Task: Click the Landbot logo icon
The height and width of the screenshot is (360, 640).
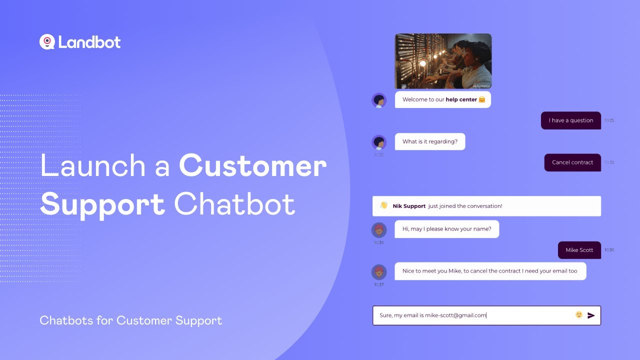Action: click(x=46, y=42)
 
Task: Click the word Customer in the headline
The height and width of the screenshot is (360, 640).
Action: click(x=252, y=166)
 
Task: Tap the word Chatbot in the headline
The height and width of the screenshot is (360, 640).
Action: click(x=234, y=204)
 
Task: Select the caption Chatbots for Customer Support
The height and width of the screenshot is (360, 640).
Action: click(x=130, y=320)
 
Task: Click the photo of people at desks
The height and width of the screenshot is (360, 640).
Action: click(x=443, y=61)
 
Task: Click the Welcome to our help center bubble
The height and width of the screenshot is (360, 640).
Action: click(x=442, y=99)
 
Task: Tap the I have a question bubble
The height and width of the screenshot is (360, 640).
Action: click(x=570, y=120)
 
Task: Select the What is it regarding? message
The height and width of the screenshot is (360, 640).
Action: click(x=429, y=141)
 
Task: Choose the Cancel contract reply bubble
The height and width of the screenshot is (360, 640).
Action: click(x=572, y=162)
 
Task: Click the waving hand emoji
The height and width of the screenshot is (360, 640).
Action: click(x=384, y=205)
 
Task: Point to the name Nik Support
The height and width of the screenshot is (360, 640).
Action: click(x=409, y=206)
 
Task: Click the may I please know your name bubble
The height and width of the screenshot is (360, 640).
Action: click(x=446, y=229)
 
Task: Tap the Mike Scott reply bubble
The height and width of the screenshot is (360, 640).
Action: click(x=579, y=250)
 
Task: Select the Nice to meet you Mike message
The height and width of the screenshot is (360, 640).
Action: click(x=489, y=271)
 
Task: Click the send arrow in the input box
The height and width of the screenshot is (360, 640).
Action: click(x=591, y=315)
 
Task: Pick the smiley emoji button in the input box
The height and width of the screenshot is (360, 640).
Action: click(x=579, y=315)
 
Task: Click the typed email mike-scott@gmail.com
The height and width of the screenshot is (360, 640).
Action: click(x=455, y=315)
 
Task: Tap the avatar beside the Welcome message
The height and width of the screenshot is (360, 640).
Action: click(x=379, y=100)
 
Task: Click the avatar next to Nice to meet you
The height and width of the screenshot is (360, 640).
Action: click(x=379, y=272)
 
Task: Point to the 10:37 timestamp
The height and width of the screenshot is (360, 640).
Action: click(x=379, y=284)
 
